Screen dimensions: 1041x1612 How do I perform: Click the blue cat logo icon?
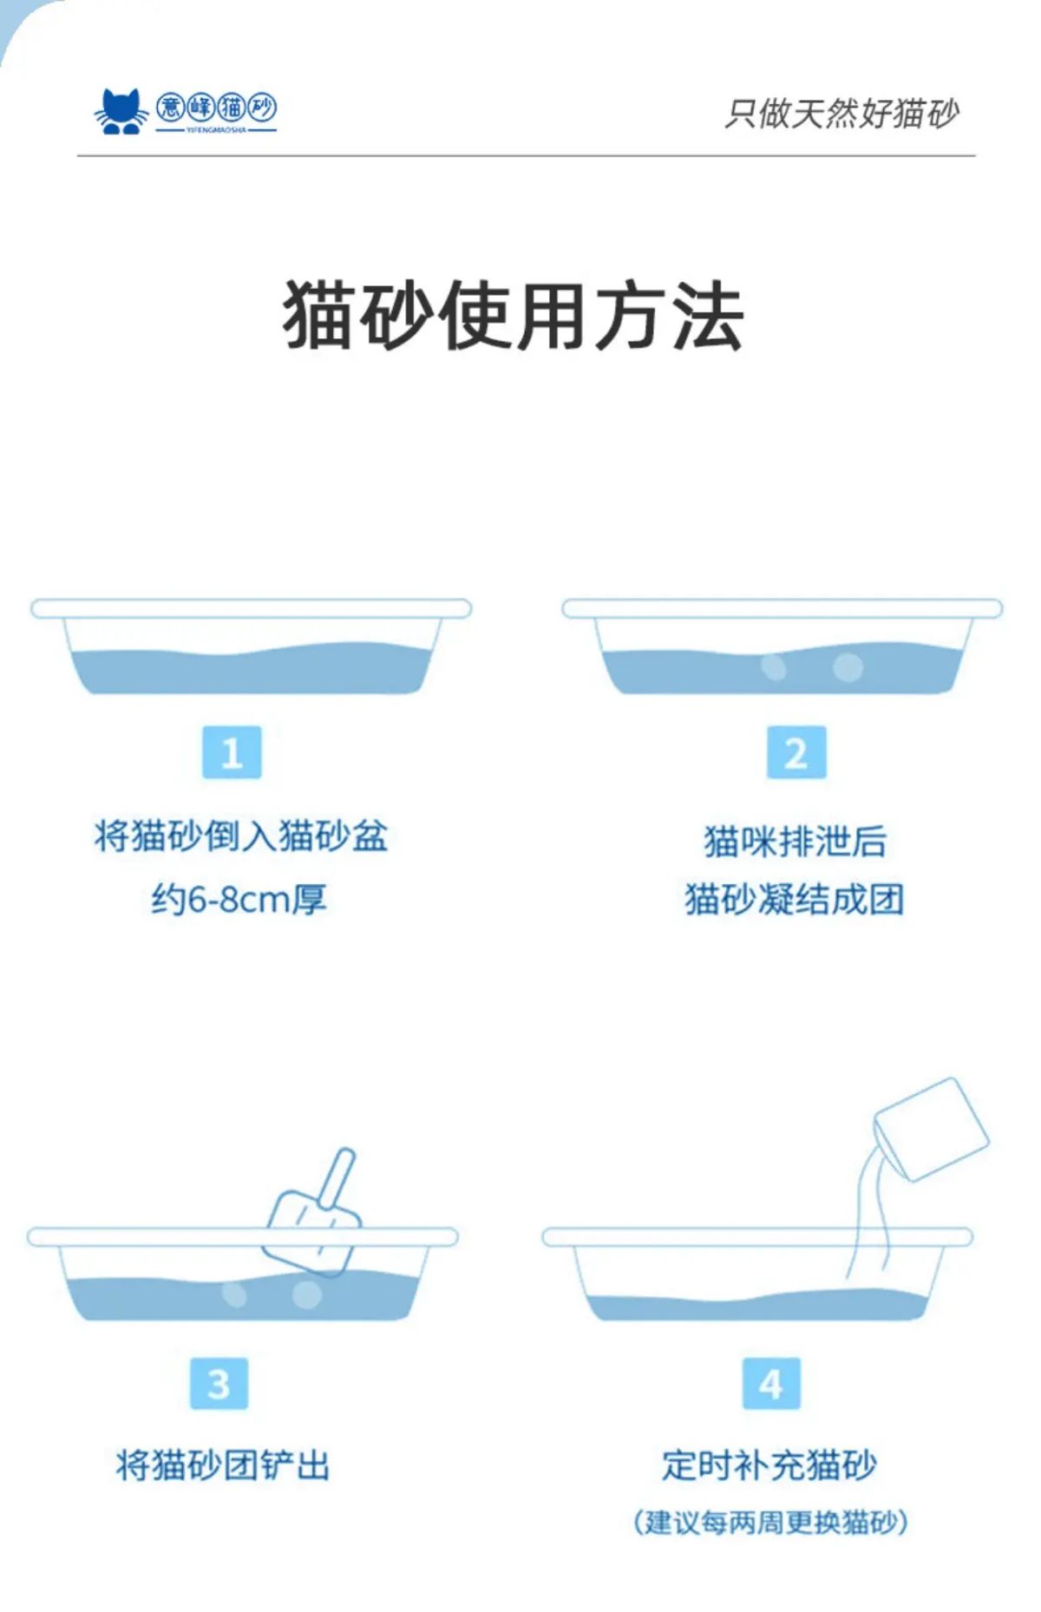pos(121,111)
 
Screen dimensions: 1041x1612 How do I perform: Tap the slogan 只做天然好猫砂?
pos(841,114)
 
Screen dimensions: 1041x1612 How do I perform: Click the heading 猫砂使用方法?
pos(514,316)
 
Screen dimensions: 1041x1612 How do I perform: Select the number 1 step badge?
pos(232,752)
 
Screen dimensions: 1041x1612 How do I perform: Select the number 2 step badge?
pos(796,752)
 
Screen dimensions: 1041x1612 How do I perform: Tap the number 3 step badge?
pos(219,1383)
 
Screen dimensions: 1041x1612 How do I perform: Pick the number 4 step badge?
pos(771,1383)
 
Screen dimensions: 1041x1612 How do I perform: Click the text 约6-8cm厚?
pos(239,899)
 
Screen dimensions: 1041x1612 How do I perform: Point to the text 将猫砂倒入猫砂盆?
pos(241,836)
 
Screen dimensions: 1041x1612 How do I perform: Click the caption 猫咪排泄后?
pos(795,842)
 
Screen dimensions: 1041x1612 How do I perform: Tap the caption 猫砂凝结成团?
pos(795,899)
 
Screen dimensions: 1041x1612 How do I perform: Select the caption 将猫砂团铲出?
pos(223,1465)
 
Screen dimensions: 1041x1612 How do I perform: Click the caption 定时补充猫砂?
pos(769,1465)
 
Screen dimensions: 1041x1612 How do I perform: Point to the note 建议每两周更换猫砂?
pos(770,1522)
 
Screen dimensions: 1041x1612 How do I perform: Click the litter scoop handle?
pos(338,1177)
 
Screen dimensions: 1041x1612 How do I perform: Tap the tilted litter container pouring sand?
pos(930,1129)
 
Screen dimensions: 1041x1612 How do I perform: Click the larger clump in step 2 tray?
pos(848,666)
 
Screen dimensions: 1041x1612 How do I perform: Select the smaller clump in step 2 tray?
pos(774,666)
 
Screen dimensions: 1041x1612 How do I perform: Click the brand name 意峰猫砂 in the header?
pos(216,108)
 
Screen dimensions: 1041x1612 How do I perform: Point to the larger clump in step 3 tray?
pos(305,1294)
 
